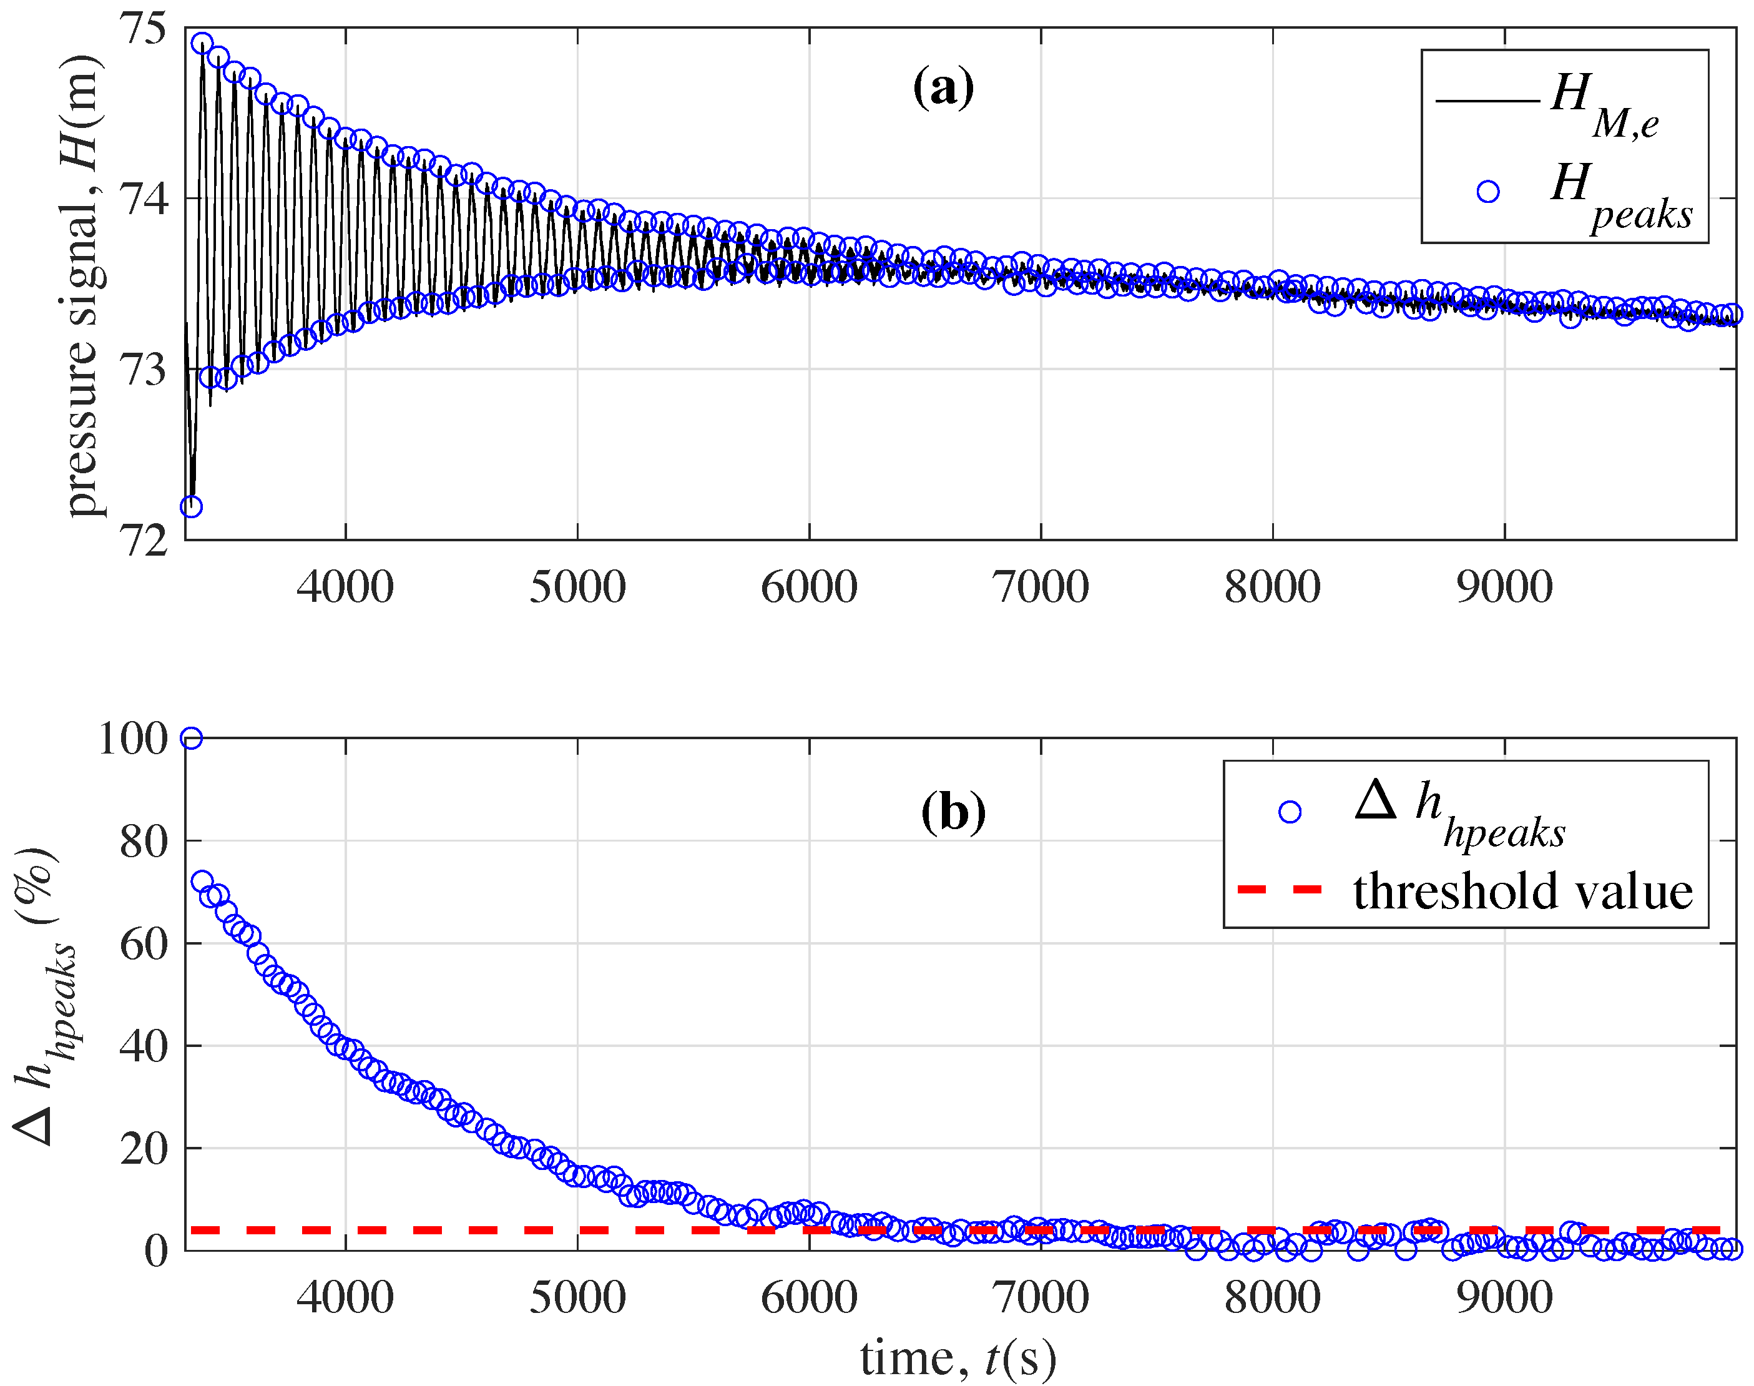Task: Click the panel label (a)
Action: (x=943, y=87)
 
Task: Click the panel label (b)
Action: (x=953, y=812)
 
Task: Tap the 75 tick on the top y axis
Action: (x=143, y=28)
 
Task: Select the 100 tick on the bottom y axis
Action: (x=132, y=739)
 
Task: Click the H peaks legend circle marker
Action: (x=1487, y=192)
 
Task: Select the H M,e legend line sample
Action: (x=1487, y=101)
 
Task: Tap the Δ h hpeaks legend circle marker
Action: (x=1289, y=812)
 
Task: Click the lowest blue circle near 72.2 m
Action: (x=190, y=507)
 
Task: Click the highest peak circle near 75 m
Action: (x=202, y=43)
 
